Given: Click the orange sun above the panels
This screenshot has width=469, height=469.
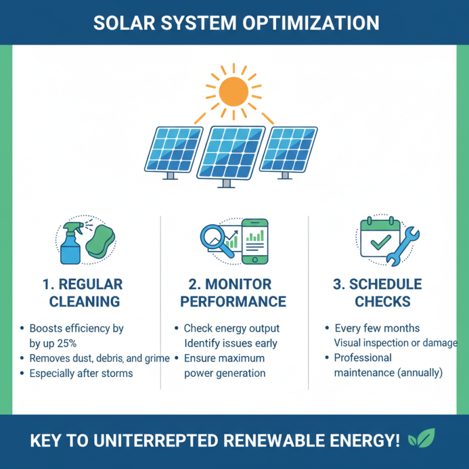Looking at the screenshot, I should [234, 91].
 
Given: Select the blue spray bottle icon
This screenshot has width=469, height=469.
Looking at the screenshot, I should [70, 243].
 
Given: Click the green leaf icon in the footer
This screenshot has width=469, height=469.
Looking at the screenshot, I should [420, 439].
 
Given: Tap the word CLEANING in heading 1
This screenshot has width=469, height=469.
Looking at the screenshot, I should [84, 302].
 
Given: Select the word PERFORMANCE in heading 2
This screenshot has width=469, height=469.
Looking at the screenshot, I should [233, 302].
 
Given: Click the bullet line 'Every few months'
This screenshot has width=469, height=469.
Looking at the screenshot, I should [377, 328].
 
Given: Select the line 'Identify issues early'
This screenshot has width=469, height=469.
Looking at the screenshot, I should [230, 343].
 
